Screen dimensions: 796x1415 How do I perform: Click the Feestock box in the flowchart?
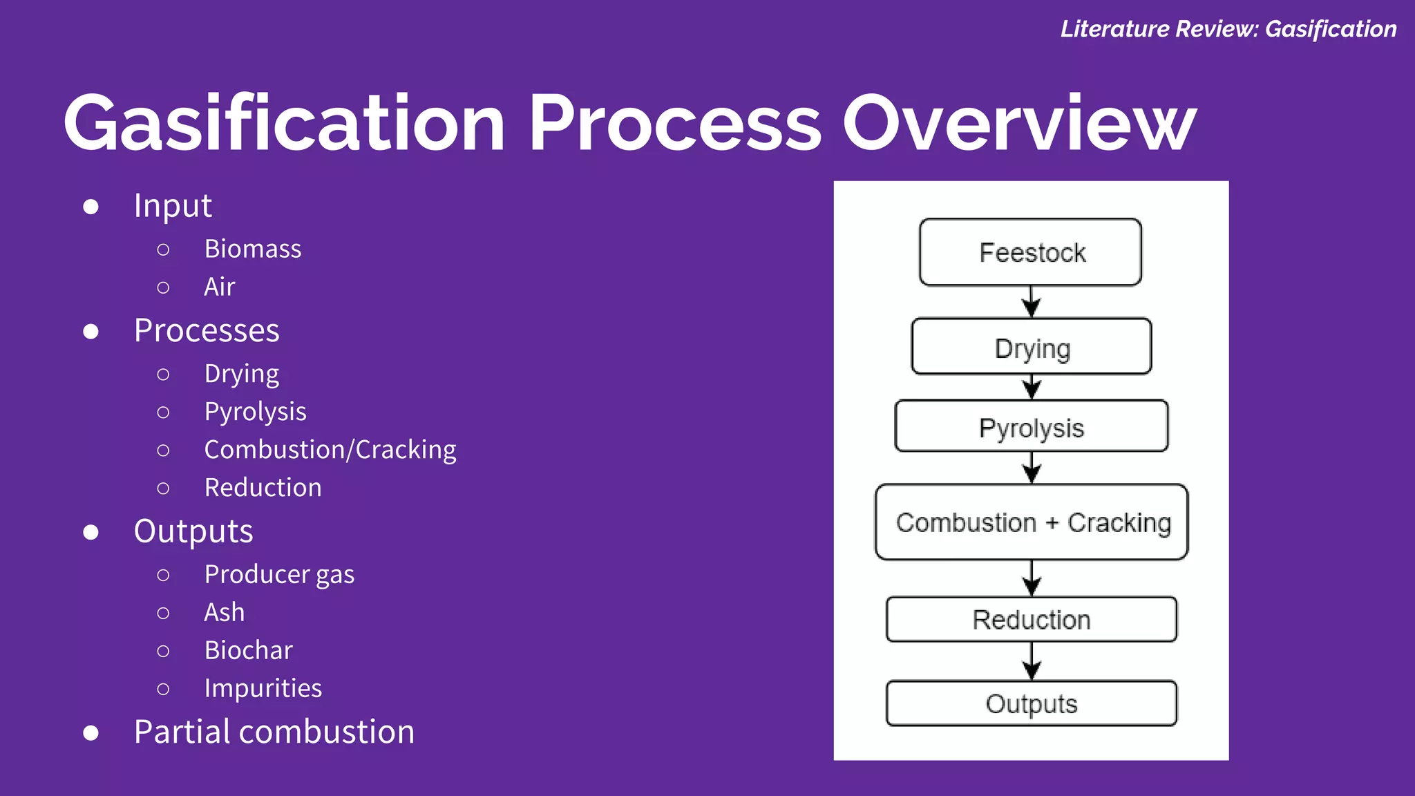click(x=1030, y=252)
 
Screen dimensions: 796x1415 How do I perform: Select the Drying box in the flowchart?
click(x=1032, y=347)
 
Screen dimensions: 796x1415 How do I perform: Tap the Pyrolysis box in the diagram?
click(x=1032, y=426)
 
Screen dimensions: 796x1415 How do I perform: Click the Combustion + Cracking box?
click(x=1032, y=522)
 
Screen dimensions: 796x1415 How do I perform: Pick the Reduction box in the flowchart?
click(x=1032, y=619)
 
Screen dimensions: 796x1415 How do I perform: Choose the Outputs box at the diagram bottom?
click(x=1032, y=703)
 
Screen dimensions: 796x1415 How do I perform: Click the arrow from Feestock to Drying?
click(x=1032, y=302)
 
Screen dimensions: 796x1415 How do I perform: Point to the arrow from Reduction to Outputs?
click(x=1032, y=661)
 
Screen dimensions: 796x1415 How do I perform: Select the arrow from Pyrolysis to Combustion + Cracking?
click(x=1032, y=468)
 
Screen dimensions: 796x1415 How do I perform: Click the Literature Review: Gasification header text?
click(x=1228, y=29)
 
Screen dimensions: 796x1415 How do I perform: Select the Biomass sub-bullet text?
click(x=253, y=249)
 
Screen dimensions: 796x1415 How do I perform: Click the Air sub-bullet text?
click(x=220, y=287)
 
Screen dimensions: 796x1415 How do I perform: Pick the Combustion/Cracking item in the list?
click(x=330, y=450)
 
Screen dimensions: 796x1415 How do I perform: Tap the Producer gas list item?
click(x=279, y=574)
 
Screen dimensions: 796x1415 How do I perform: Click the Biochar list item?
click(x=249, y=650)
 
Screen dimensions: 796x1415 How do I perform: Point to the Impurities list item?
click(x=263, y=688)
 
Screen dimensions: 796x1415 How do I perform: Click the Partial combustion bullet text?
click(x=274, y=732)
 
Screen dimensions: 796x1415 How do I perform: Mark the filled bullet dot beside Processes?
click(x=91, y=332)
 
